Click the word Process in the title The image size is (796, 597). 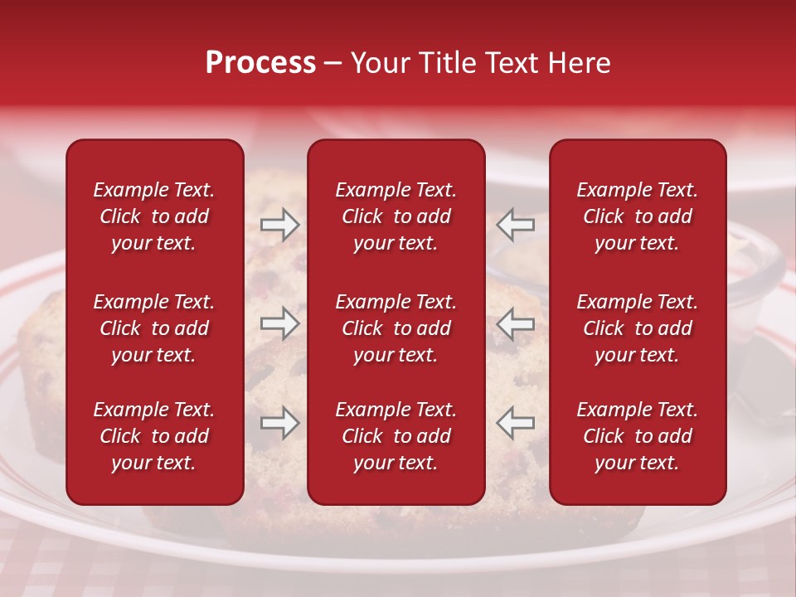(260, 63)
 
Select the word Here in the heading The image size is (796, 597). (580, 63)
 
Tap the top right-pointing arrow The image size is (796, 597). (279, 225)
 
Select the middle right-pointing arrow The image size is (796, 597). (279, 323)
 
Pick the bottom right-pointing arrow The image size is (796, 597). (279, 423)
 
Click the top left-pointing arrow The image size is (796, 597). (516, 225)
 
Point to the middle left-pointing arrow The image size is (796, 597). (516, 323)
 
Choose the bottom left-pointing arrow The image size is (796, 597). (516, 423)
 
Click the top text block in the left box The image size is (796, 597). (153, 216)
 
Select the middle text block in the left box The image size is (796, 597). (153, 328)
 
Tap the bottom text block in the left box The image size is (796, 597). (153, 436)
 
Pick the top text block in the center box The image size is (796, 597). (396, 216)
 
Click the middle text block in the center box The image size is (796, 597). (396, 328)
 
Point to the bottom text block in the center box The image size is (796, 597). (396, 436)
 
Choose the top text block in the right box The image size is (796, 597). (637, 216)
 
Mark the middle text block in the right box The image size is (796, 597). (637, 328)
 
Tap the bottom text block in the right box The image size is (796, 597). (637, 436)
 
